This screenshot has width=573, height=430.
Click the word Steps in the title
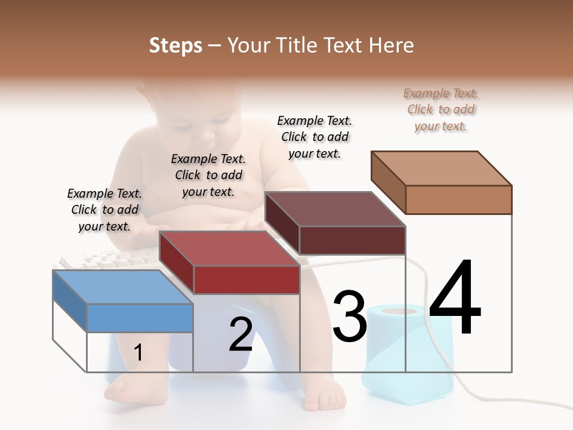pyautogui.click(x=175, y=45)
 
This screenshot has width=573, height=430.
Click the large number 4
pyautogui.click(x=455, y=299)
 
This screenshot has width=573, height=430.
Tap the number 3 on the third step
pyautogui.click(x=349, y=317)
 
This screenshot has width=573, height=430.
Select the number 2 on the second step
pyautogui.click(x=241, y=334)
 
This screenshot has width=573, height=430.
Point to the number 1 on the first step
pyautogui.click(x=138, y=352)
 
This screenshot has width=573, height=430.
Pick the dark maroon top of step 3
pyautogui.click(x=334, y=209)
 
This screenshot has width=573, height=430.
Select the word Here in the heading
pyautogui.click(x=392, y=45)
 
